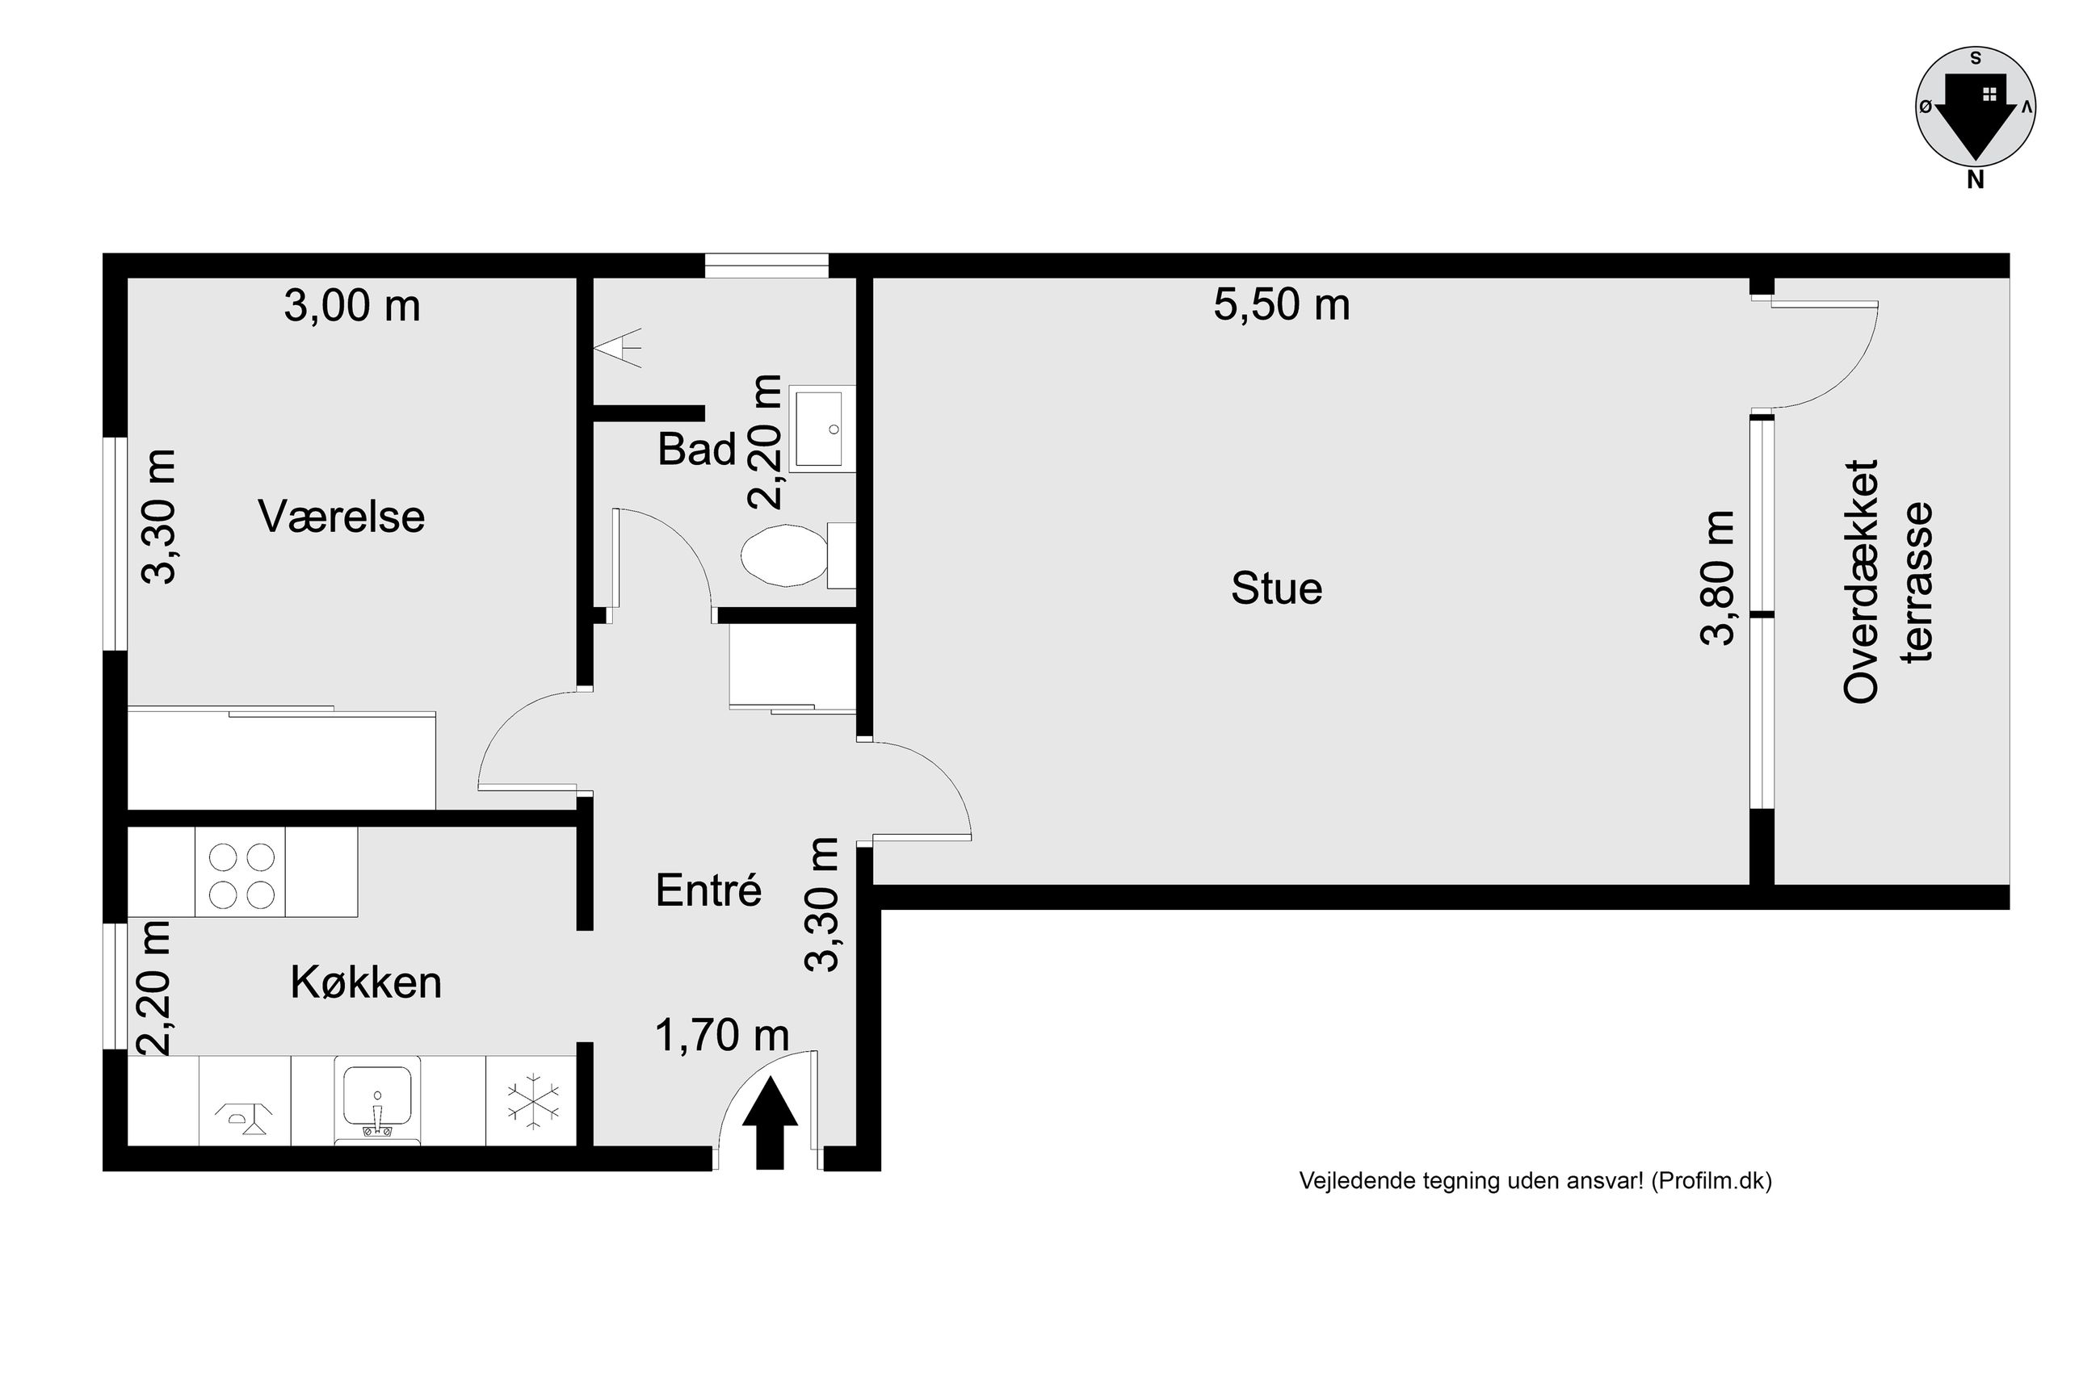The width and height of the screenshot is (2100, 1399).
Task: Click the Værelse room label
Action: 341,517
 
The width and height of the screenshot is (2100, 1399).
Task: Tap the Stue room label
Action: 1276,589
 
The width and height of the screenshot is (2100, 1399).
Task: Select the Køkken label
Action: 366,982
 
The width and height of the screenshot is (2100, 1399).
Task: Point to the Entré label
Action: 708,890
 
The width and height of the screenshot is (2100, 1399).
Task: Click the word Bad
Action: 697,449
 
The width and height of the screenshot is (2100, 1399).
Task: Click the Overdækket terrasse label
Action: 1887,582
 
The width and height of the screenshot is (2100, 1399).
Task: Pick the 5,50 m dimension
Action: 1282,305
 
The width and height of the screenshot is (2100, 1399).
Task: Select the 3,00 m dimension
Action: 351,306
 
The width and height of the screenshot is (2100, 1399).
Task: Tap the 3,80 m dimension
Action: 1717,578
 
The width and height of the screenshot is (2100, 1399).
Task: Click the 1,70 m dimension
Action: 722,1035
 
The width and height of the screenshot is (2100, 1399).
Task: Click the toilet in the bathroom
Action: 798,555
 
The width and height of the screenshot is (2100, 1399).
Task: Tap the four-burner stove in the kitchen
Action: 241,872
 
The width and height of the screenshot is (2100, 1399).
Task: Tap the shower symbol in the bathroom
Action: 621,346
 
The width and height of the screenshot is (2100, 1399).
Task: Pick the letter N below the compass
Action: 1976,180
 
